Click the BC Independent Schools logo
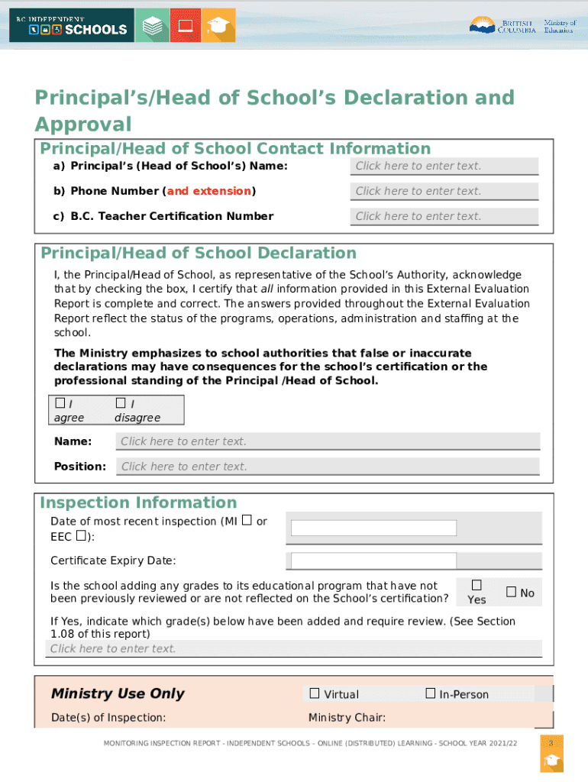pyautogui.click(x=69, y=25)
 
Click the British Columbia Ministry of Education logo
pyautogui.click(x=522, y=26)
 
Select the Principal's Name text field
pyautogui.click(x=445, y=166)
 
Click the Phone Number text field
pyautogui.click(x=445, y=192)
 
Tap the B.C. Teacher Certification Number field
pyautogui.click(x=445, y=217)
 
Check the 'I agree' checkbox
pyautogui.click(x=60, y=402)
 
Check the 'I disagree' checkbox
pyautogui.click(x=121, y=402)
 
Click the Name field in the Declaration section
pyautogui.click(x=328, y=441)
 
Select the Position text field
pyautogui.click(x=328, y=467)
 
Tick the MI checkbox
pyautogui.click(x=247, y=521)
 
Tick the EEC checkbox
pyautogui.click(x=80, y=537)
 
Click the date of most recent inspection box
pyautogui.click(x=373, y=528)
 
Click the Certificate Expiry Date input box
pyautogui.click(x=373, y=561)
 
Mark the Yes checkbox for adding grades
pyautogui.click(x=477, y=585)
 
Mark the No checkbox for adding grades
pyautogui.click(x=512, y=592)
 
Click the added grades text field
pyautogui.click(x=295, y=649)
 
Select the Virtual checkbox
pyautogui.click(x=315, y=693)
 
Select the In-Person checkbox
pyautogui.click(x=430, y=693)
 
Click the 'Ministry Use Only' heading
pyautogui.click(x=118, y=693)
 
